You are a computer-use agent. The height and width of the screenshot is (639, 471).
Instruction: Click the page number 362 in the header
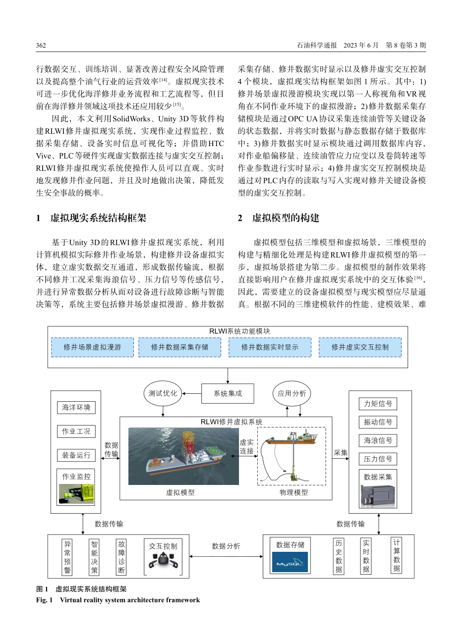click(x=41, y=46)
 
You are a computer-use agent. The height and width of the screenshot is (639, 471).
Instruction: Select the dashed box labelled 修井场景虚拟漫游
click(x=92, y=347)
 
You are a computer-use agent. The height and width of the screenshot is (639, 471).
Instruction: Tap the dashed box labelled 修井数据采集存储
click(x=180, y=347)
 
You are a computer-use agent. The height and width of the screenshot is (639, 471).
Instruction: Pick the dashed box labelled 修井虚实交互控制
click(x=360, y=347)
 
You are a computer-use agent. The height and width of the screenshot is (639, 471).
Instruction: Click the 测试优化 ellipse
click(x=163, y=393)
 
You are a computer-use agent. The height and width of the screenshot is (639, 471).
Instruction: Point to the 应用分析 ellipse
click(x=292, y=393)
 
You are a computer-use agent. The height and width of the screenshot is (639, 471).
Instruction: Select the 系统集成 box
click(x=228, y=393)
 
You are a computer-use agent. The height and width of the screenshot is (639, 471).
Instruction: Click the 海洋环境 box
click(x=76, y=408)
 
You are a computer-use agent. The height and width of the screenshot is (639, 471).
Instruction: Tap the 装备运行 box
click(x=76, y=455)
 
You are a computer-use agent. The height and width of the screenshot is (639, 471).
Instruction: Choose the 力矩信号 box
click(x=378, y=404)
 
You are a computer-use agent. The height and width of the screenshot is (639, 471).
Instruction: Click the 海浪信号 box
click(x=378, y=440)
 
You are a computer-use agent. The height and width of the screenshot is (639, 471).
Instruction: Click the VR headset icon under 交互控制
click(x=163, y=563)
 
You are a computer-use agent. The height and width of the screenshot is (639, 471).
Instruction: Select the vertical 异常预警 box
click(x=67, y=557)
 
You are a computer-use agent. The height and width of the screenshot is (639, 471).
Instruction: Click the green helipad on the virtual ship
click(x=215, y=451)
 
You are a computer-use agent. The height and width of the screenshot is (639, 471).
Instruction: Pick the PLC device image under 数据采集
click(x=378, y=495)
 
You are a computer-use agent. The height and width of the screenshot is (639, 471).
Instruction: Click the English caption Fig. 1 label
click(x=44, y=600)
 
